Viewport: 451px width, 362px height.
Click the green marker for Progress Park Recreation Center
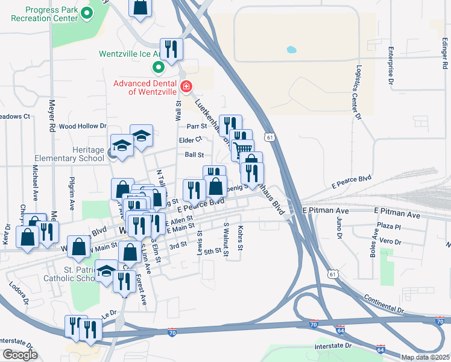pos(87,13)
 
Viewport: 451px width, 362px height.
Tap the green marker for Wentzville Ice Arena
pos(159,67)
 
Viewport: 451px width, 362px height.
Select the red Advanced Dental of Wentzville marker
pos(186,87)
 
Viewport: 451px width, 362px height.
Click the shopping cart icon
pos(242,149)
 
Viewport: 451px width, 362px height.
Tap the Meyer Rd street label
pos(52,116)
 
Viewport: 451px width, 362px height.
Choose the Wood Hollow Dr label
pos(83,126)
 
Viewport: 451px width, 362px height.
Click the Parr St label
pos(197,126)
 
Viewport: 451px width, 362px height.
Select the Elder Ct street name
pos(191,140)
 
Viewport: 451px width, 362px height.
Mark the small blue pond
pos(292,49)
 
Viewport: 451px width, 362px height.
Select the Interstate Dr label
pos(332,347)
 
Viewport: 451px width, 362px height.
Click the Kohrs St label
pos(240,240)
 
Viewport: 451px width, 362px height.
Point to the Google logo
pos(20,355)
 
